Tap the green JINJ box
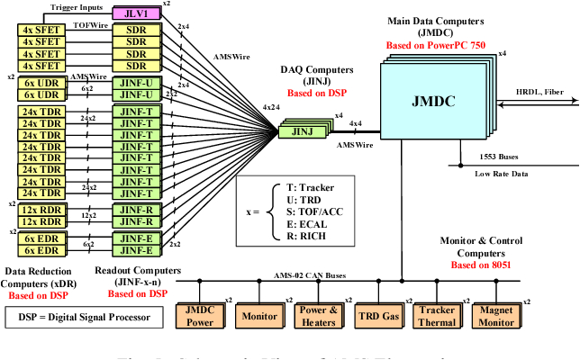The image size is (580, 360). tap(302, 131)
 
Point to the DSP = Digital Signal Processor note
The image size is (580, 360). tap(81, 318)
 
